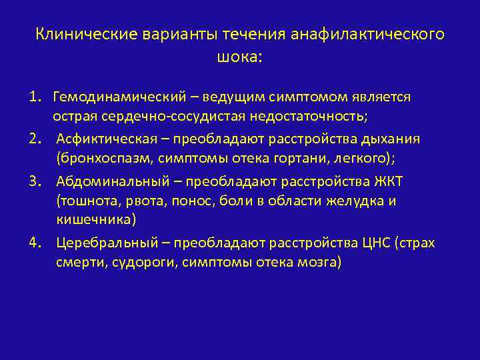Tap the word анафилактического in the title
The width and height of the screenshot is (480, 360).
pyautogui.click(x=367, y=34)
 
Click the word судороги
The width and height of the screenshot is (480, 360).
pyautogui.click(x=134, y=263)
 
